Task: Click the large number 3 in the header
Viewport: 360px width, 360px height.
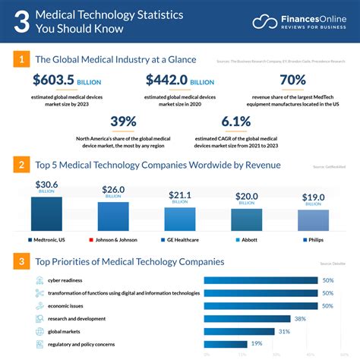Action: pyautogui.click(x=22, y=22)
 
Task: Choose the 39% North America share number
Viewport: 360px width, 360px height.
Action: pyautogui.click(x=122, y=122)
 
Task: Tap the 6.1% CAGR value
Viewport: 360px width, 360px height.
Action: pyautogui.click(x=235, y=122)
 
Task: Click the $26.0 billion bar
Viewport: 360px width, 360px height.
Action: pyautogui.click(x=113, y=216)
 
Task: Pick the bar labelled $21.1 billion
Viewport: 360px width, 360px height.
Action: pyautogui.click(x=180, y=219)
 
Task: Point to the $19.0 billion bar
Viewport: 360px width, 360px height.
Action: pyautogui.click(x=313, y=220)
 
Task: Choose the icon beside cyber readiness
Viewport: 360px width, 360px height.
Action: pyautogui.click(x=39, y=279)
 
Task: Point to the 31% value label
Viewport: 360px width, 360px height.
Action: pyautogui.click(x=285, y=331)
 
